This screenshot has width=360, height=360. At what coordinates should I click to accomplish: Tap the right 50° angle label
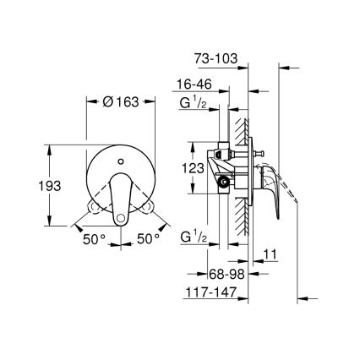pos(149,239)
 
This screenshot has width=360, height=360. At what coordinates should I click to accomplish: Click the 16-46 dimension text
pos(194,85)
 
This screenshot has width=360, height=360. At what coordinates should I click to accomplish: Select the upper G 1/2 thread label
pos(194,105)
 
